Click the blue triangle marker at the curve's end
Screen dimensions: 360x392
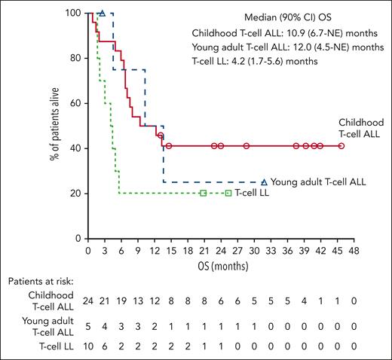click(264, 182)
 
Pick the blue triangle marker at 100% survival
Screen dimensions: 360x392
click(103, 14)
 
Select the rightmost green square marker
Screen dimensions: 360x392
click(228, 194)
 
